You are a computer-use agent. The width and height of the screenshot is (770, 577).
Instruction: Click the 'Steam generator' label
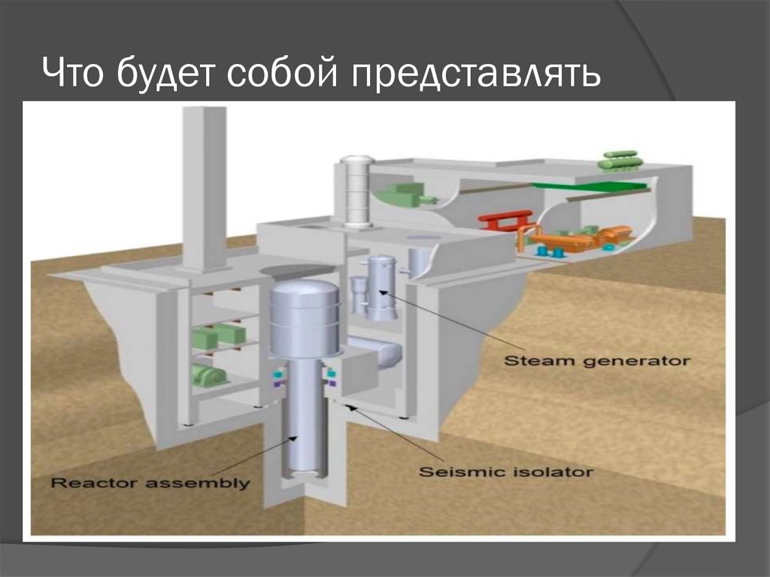[x=596, y=360]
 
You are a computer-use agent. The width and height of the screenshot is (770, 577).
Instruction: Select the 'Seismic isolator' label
[x=505, y=472]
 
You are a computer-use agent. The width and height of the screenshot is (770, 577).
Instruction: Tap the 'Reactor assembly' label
[x=149, y=482]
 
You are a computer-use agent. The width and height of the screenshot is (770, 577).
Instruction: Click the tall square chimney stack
[x=204, y=188]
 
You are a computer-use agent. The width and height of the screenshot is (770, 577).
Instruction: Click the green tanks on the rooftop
[x=620, y=160]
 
